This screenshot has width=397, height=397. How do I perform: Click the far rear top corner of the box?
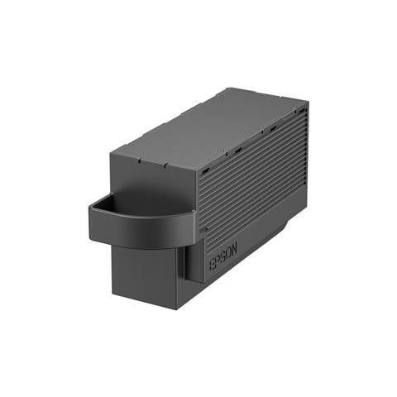click(x=308, y=103)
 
